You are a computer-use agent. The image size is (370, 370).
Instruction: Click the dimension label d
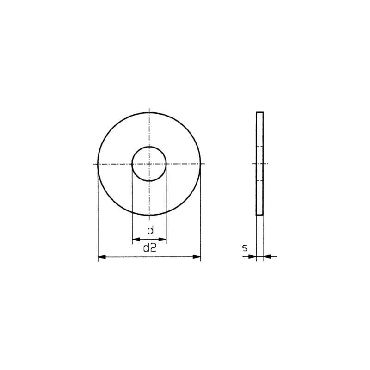click(x=149, y=230)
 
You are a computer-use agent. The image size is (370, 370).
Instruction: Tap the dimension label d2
click(x=149, y=248)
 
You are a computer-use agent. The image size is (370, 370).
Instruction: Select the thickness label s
click(x=245, y=249)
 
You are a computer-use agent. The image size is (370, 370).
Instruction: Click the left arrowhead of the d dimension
click(x=135, y=240)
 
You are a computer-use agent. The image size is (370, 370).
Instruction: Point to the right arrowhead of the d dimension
click(x=163, y=240)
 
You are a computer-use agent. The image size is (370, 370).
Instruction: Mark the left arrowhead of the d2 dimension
click(x=102, y=257)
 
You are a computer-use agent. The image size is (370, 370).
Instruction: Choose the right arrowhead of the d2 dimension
click(x=197, y=257)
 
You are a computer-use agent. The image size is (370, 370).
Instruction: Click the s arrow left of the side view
click(x=252, y=256)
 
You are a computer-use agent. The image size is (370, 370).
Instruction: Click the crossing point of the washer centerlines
click(x=149, y=164)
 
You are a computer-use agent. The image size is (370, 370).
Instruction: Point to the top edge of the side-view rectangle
click(x=260, y=112)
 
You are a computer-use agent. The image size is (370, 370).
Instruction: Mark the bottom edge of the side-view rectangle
click(x=260, y=215)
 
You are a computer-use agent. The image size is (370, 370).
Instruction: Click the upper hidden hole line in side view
click(x=260, y=147)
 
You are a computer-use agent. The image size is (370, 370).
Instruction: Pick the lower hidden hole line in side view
click(x=260, y=180)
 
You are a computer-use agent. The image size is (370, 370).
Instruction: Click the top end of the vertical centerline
click(x=149, y=109)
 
